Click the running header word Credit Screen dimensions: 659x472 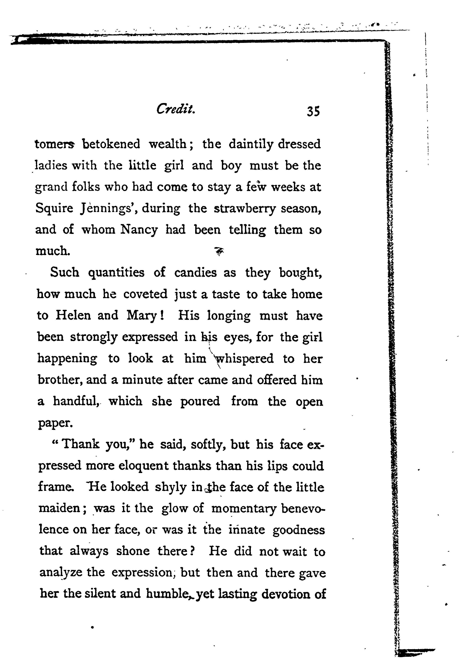click(x=175, y=110)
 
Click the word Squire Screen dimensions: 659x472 click(x=54, y=208)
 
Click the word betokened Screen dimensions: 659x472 click(x=111, y=144)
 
